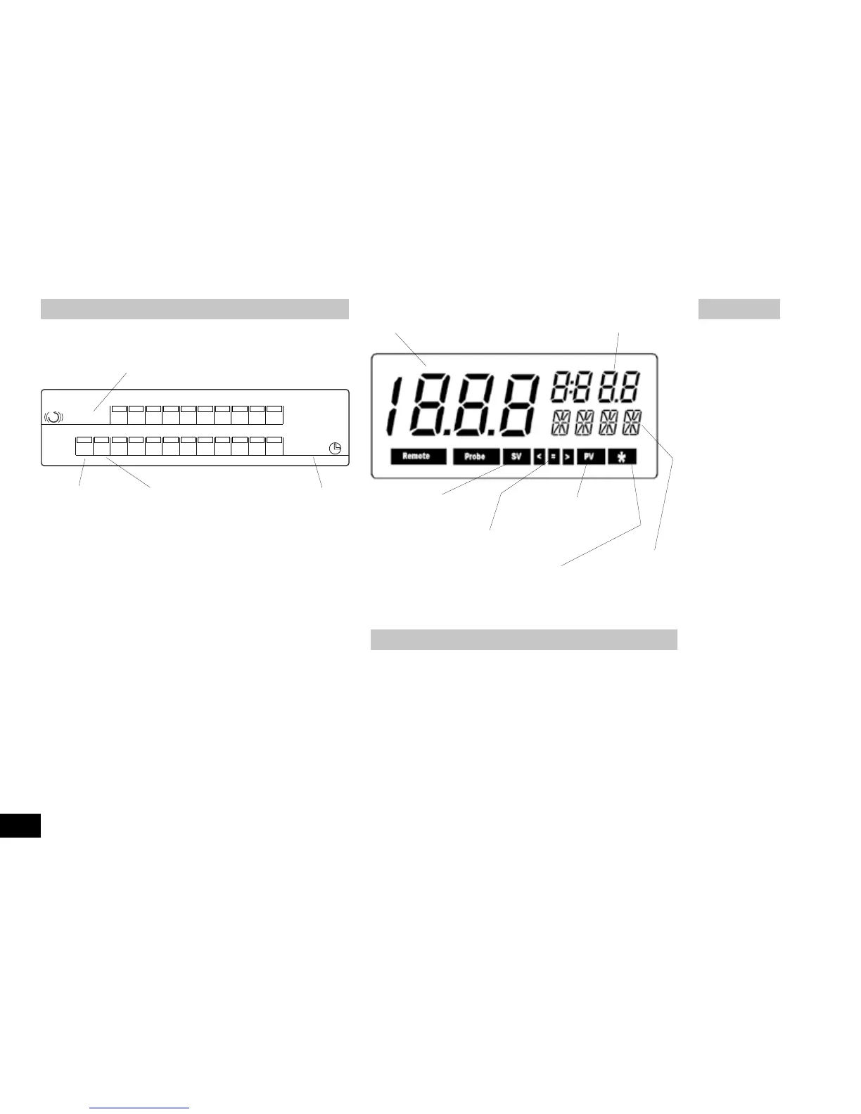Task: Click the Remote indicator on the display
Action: pos(418,456)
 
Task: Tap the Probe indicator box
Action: pos(476,456)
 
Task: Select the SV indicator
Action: pos(516,456)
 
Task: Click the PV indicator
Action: pos(589,456)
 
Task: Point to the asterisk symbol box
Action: pos(622,456)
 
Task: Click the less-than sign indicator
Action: pos(539,456)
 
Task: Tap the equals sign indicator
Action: pos(554,456)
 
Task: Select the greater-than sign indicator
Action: pos(568,456)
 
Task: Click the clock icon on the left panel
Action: pos(336,448)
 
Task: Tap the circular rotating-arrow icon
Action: pos(53,417)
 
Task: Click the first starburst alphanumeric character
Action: pos(561,423)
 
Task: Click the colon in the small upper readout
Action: pos(573,386)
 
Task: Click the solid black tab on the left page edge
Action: pos(20,826)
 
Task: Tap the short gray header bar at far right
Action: pos(739,309)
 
